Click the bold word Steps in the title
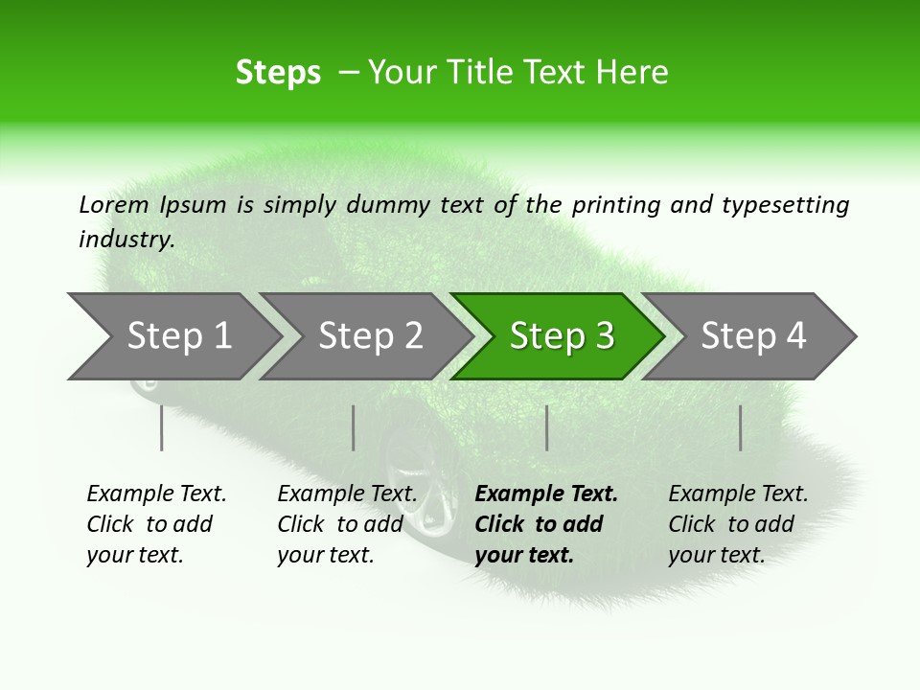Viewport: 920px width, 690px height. click(x=278, y=73)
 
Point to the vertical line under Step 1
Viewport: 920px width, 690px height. click(x=162, y=427)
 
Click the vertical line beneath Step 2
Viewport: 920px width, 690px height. click(x=354, y=427)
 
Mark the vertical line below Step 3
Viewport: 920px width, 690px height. click(x=546, y=427)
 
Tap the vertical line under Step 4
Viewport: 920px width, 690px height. click(x=740, y=427)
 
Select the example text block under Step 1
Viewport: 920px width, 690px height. click(x=156, y=524)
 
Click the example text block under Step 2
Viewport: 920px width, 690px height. click(x=347, y=524)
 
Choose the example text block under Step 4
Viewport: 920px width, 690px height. click(x=738, y=524)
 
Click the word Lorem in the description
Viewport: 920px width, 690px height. click(x=114, y=205)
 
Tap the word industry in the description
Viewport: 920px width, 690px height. click(x=126, y=240)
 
